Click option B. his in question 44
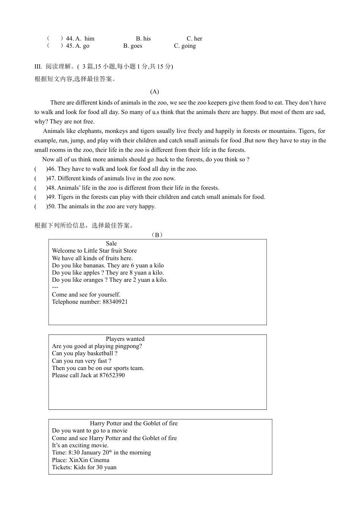coord(143,39)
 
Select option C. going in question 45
coord(185,46)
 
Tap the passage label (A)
coord(155,92)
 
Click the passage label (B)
coord(157,235)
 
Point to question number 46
coord(51,169)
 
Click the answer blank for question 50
coord(41,206)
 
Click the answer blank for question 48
coord(41,188)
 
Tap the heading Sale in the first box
coord(111,244)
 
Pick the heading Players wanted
coord(125,339)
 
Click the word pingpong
coord(128,346)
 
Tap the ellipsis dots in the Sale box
coord(55,287)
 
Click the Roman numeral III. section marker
coord(38,67)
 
